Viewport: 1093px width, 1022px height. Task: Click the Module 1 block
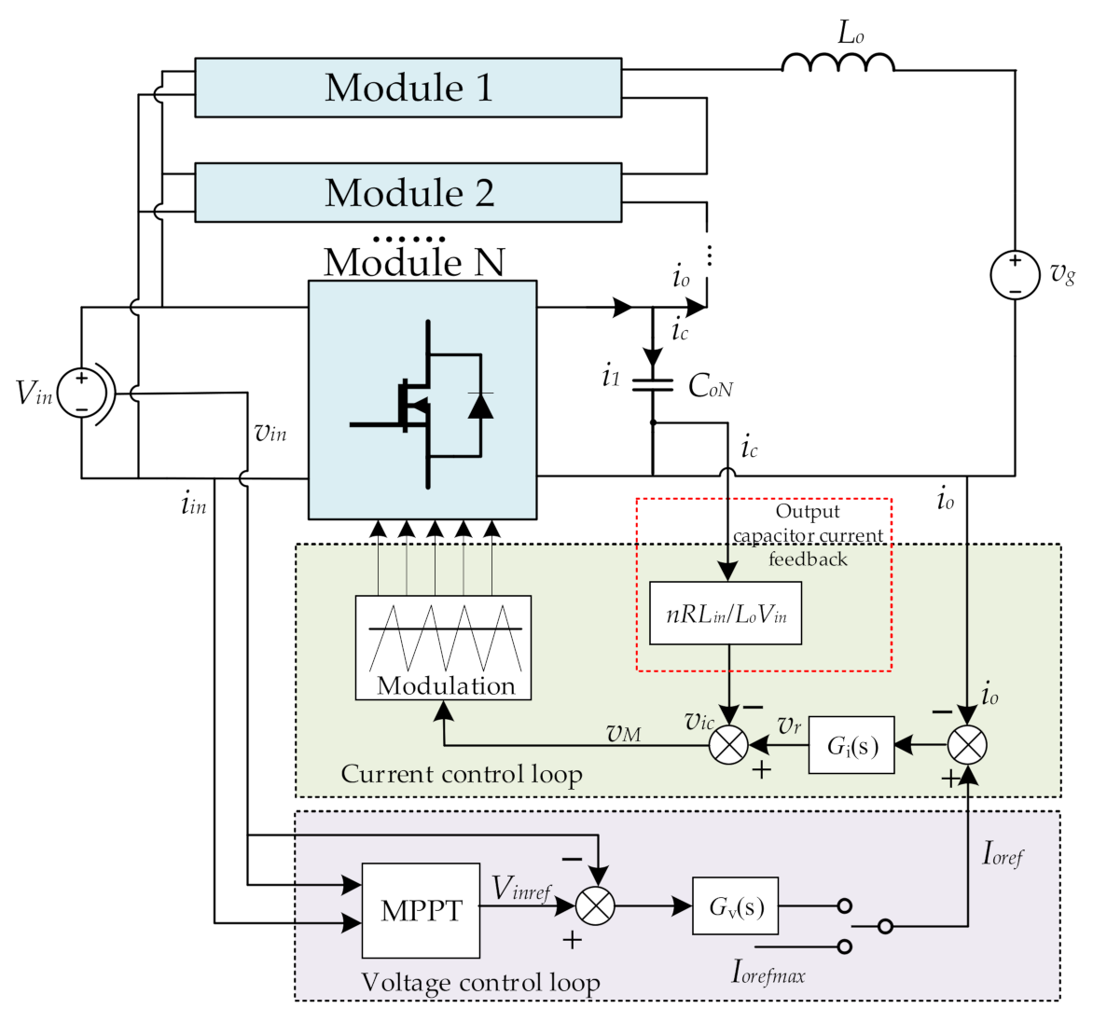[x=408, y=88]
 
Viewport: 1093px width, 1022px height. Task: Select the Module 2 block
[x=408, y=193]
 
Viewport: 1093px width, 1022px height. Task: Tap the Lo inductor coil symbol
[x=837, y=62]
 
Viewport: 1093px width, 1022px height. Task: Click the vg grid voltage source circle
[x=1015, y=275]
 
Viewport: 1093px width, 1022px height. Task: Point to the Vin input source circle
[x=82, y=393]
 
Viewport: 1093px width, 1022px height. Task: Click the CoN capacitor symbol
[x=653, y=384]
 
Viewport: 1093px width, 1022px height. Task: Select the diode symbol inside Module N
[x=480, y=406]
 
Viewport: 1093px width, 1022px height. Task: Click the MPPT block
[x=421, y=910]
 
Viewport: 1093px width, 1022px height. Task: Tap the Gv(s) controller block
[x=735, y=905]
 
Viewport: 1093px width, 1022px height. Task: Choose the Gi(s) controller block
[x=851, y=745]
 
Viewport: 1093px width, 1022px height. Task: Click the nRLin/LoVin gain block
[x=726, y=614]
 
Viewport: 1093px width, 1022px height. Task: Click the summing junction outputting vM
[x=728, y=745]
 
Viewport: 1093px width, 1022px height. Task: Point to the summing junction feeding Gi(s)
[x=967, y=745]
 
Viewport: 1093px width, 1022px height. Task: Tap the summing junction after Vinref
[x=595, y=905]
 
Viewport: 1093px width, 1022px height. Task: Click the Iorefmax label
[x=768, y=973]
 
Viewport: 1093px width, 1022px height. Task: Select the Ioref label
[x=1003, y=853]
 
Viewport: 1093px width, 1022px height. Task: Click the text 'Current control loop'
[x=462, y=774]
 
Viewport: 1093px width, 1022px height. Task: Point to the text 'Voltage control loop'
[x=480, y=982]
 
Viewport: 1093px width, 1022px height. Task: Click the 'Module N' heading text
[x=414, y=262]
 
